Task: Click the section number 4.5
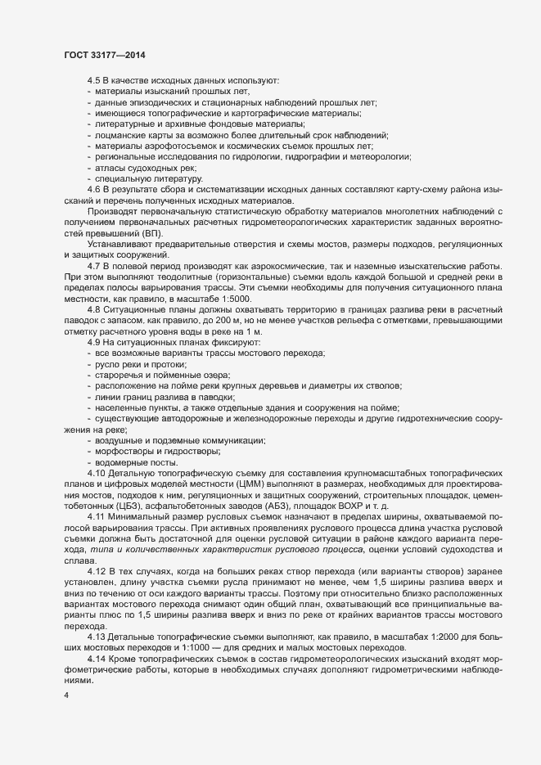coord(93,81)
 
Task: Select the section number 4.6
coord(93,189)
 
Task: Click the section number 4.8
coord(93,310)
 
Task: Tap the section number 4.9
coord(93,341)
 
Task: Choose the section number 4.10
coord(96,473)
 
